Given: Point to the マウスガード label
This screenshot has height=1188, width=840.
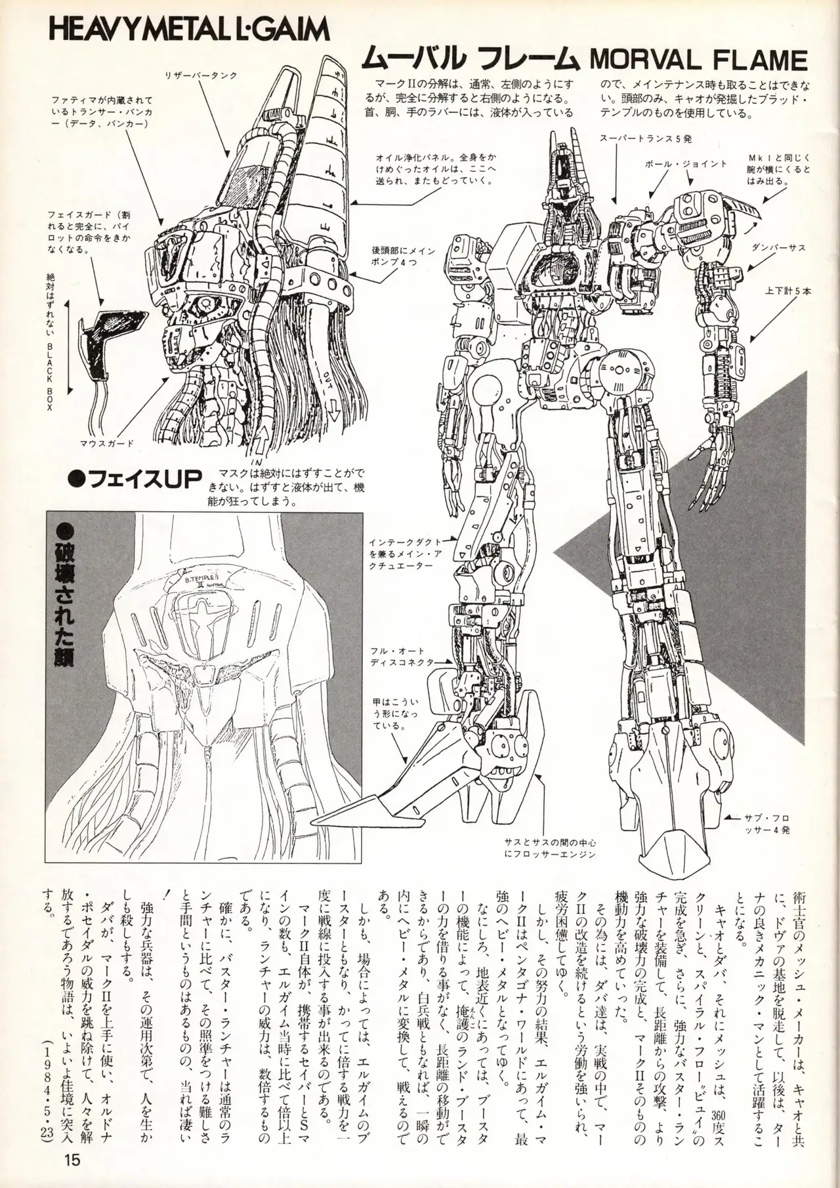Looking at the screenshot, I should coord(107,442).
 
